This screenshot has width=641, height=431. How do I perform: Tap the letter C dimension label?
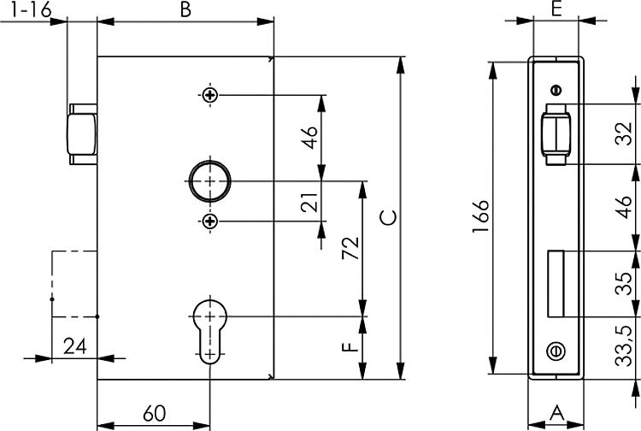[388, 217]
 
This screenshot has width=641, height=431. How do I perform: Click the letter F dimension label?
[348, 349]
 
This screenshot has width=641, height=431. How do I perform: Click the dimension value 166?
[480, 217]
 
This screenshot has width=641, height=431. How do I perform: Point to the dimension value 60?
[154, 413]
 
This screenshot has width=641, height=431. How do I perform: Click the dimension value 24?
[75, 346]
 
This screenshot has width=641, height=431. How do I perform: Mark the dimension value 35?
[625, 283]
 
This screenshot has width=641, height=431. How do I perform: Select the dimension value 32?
[625, 133]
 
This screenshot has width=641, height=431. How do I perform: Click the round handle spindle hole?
[210, 180]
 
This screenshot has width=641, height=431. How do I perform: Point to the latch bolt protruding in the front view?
[81, 133]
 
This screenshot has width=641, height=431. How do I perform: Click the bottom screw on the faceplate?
[556, 349]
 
